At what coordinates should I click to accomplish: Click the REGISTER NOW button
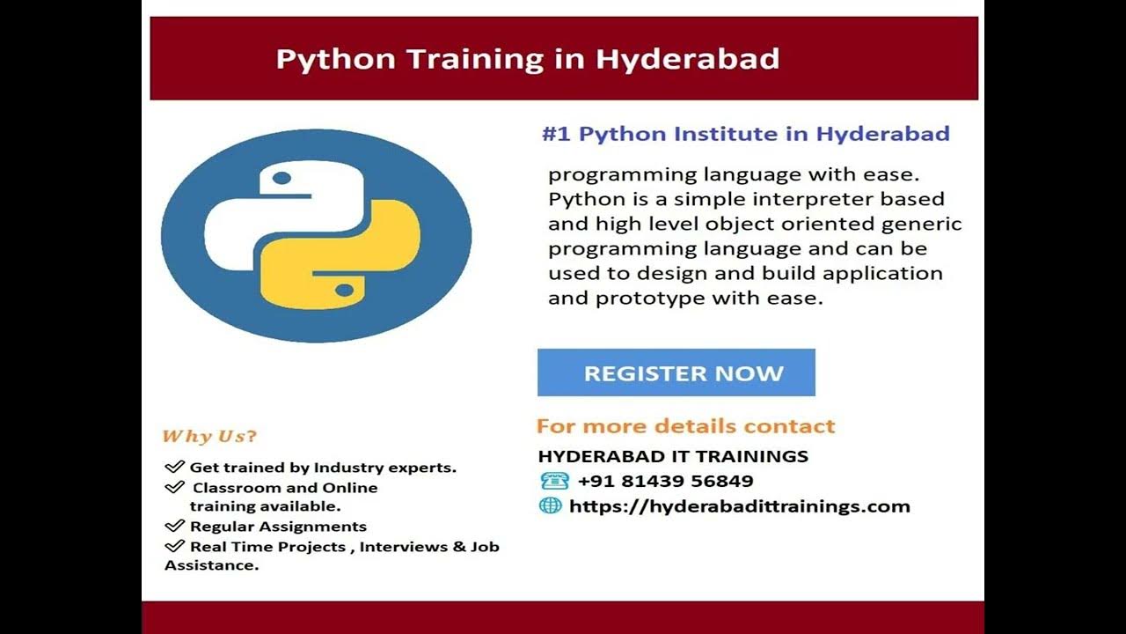[x=676, y=372]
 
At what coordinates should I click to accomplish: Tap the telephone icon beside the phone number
[x=554, y=481]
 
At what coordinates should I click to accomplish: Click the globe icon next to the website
[x=550, y=505]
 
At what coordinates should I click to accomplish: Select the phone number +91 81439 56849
[x=665, y=481]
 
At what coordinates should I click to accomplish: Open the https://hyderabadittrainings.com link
[x=739, y=506]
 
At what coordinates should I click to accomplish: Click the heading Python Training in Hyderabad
[x=528, y=59]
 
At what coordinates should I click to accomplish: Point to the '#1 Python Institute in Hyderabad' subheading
[x=745, y=134]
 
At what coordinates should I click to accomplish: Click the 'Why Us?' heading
[x=209, y=436]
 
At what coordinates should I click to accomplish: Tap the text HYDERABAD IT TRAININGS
[x=673, y=456]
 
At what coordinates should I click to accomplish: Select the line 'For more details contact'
[x=685, y=426]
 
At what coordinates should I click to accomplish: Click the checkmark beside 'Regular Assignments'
[x=174, y=526]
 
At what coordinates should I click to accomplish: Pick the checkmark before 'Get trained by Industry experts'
[x=174, y=467]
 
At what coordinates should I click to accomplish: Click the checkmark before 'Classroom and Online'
[x=174, y=487]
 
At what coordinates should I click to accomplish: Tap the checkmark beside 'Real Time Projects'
[x=174, y=546]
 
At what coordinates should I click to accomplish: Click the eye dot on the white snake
[x=281, y=179]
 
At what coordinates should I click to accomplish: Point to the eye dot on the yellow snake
[x=345, y=290]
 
